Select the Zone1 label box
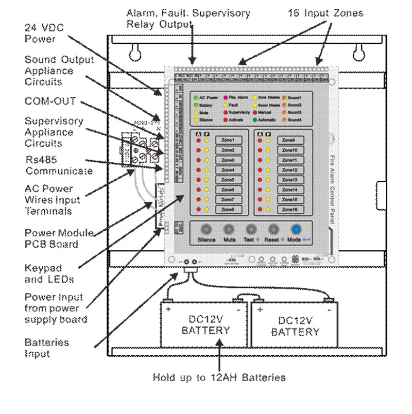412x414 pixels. (x=228, y=140)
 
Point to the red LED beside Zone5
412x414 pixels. (x=198, y=180)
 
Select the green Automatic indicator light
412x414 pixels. (x=255, y=119)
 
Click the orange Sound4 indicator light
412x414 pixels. (x=284, y=119)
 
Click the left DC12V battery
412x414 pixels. (x=205, y=325)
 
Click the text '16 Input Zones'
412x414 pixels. (x=325, y=13)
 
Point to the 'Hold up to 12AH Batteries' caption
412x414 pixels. (x=219, y=377)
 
